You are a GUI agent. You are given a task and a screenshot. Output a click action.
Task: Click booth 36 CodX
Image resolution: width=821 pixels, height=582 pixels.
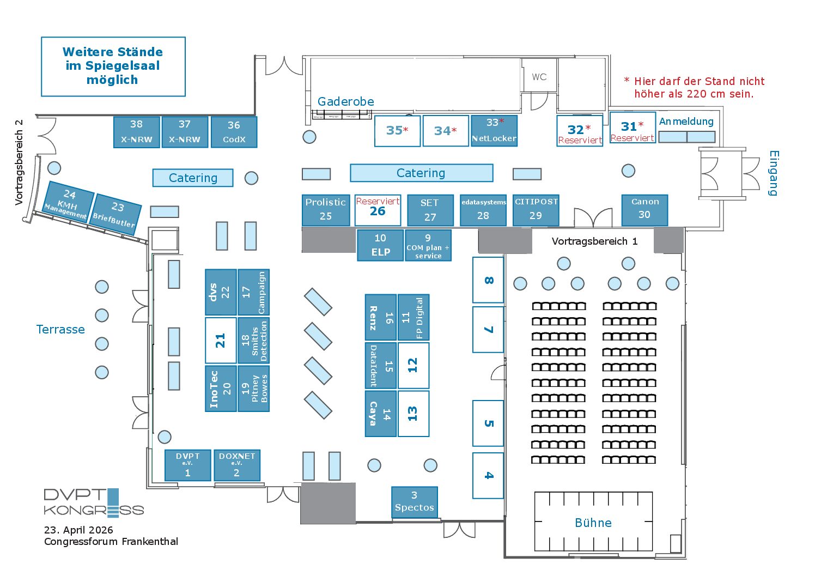(234, 132)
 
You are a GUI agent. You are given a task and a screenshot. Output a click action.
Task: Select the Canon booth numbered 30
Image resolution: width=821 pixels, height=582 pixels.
(644, 210)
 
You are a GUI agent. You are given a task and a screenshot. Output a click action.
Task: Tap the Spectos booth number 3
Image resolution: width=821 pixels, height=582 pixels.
(415, 502)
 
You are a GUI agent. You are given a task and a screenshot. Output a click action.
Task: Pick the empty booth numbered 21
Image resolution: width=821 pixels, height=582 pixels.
(221, 341)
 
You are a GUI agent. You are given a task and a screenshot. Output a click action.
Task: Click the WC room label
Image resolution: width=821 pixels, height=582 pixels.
(539, 77)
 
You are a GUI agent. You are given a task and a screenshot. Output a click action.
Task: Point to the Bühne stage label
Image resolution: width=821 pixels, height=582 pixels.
(593, 523)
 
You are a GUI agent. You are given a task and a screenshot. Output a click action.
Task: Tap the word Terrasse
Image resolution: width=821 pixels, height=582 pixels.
(60, 329)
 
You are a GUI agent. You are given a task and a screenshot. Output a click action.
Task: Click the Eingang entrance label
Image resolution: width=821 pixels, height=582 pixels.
(774, 173)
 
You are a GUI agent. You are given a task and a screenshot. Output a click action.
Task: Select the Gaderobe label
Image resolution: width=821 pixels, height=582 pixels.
(345, 101)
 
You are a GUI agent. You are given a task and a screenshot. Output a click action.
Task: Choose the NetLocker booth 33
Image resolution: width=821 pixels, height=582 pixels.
(494, 131)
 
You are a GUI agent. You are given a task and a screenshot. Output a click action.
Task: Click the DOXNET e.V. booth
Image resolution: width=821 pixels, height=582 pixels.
(237, 465)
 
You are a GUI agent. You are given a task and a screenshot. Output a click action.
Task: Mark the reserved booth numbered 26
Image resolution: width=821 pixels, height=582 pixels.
(378, 210)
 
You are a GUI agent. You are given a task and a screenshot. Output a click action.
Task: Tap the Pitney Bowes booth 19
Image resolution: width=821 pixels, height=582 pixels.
(254, 389)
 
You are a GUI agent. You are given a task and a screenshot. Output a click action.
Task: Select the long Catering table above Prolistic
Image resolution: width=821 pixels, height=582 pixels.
(422, 173)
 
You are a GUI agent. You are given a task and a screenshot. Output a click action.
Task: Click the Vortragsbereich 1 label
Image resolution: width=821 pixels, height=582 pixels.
(594, 241)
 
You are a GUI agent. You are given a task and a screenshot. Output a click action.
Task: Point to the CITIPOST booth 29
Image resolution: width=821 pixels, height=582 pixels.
(536, 210)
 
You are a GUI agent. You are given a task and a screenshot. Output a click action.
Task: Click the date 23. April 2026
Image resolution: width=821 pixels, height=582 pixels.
(78, 530)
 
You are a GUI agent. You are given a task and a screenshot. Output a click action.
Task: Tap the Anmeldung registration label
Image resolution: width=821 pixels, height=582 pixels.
(686, 122)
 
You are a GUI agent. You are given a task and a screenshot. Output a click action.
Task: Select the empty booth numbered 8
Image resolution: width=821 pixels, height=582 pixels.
(488, 280)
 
